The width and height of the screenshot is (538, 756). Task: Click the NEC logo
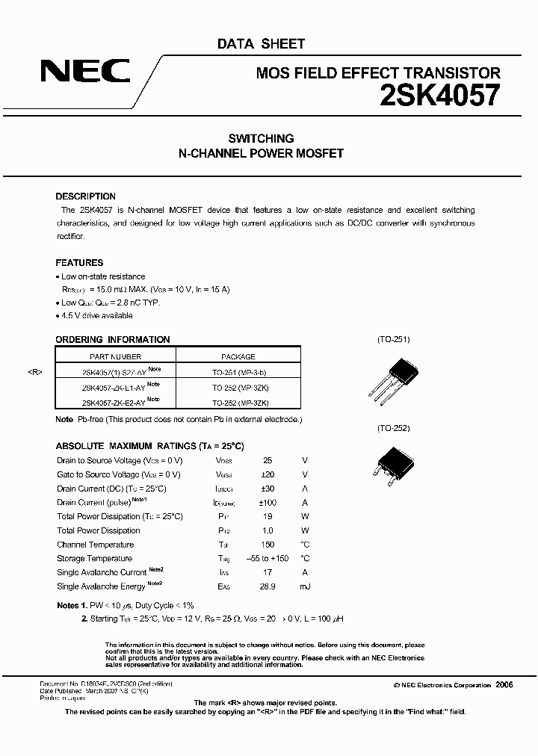84,72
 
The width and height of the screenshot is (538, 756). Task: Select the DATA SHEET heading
261,44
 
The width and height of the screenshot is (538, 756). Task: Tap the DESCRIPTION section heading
85,196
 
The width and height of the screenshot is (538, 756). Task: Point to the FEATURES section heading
79,263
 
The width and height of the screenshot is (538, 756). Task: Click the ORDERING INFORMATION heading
113,340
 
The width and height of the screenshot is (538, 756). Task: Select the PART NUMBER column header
116,357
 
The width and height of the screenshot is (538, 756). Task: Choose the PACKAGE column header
238,357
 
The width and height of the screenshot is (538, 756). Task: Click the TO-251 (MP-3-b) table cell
238,371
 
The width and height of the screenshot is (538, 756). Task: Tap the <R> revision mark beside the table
36,371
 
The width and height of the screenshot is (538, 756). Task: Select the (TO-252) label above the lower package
393,429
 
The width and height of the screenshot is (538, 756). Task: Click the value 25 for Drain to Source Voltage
268,461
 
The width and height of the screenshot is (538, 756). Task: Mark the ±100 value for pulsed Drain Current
268,503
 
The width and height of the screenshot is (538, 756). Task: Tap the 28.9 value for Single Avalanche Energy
268,586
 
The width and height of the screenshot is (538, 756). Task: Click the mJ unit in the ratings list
305,586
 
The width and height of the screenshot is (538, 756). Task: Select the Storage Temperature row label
95,559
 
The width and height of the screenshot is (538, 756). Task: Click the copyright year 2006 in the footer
504,685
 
